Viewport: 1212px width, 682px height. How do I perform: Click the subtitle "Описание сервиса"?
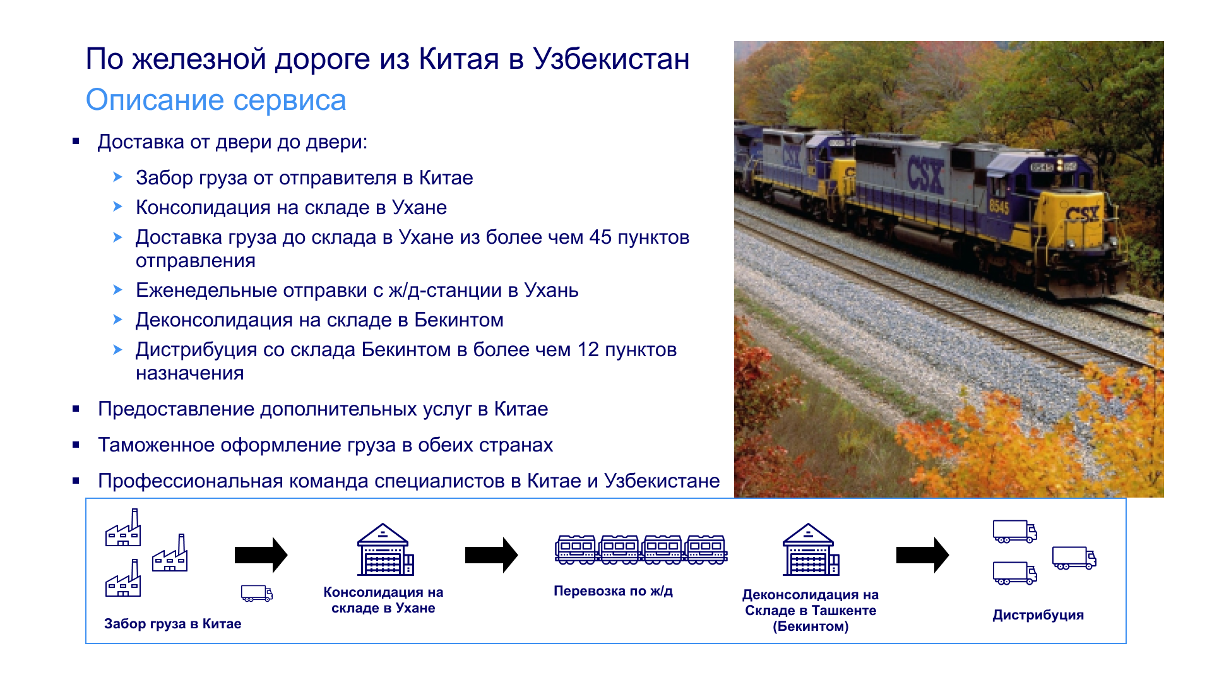click(216, 100)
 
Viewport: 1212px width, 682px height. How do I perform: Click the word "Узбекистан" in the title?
click(611, 59)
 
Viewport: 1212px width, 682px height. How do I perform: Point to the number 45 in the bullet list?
click(600, 237)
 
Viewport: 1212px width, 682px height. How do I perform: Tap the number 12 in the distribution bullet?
click(588, 350)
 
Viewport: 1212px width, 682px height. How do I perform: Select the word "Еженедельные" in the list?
click(206, 290)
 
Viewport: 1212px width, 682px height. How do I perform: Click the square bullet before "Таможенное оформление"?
click(76, 445)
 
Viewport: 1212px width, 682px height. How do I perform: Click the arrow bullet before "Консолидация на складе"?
click(117, 206)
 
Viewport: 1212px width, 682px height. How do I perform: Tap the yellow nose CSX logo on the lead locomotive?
click(1082, 215)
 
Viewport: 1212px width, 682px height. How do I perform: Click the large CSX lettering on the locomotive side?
click(925, 175)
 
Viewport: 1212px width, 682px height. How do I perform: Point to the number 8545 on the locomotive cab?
click(999, 206)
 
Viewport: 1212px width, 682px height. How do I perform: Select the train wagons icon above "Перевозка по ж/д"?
click(641, 549)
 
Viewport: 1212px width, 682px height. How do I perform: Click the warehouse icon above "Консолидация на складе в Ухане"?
click(385, 549)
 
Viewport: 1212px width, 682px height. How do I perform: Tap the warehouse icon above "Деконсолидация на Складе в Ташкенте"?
click(811, 549)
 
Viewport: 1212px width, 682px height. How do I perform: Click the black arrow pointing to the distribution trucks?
click(922, 555)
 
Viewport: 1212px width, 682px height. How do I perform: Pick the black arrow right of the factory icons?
click(261, 555)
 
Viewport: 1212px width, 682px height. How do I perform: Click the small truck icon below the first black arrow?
click(257, 593)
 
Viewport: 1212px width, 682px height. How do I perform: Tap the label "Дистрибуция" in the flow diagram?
click(1038, 615)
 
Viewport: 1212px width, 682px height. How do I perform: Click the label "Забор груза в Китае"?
click(173, 624)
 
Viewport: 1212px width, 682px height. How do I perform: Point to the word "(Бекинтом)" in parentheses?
click(811, 626)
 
